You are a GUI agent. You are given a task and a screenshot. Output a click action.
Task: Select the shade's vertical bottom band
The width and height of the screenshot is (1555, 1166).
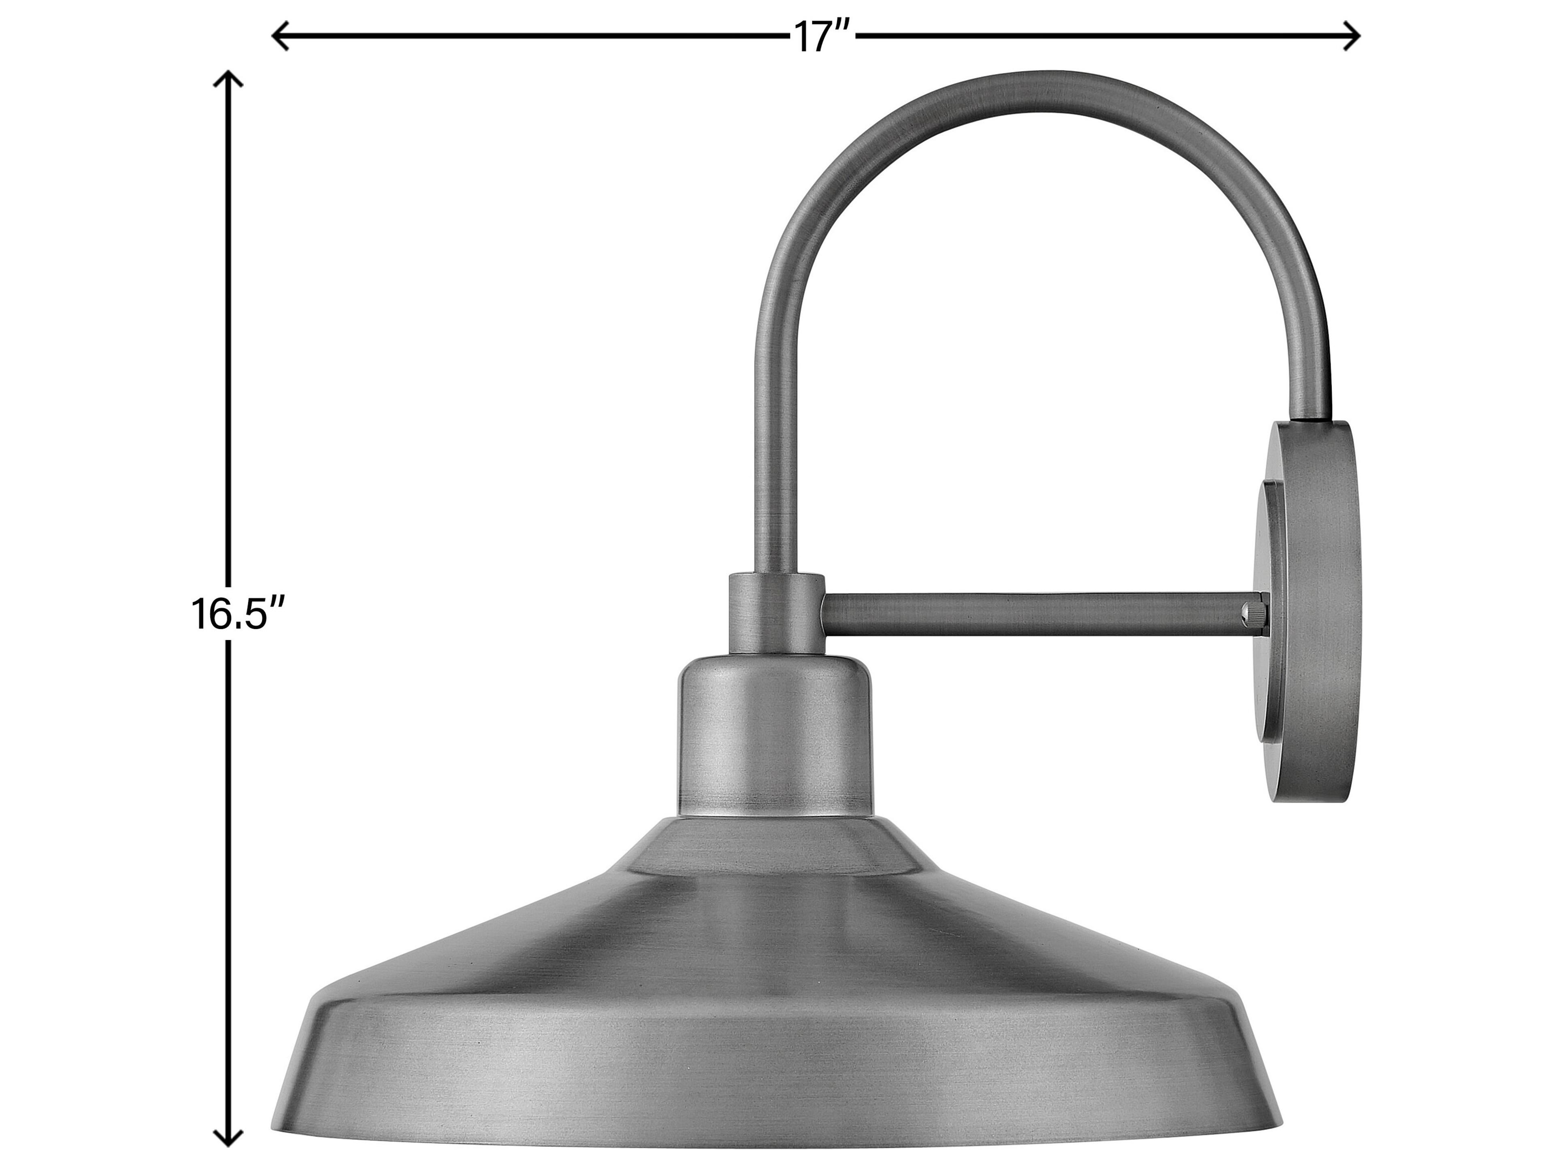773,1082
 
